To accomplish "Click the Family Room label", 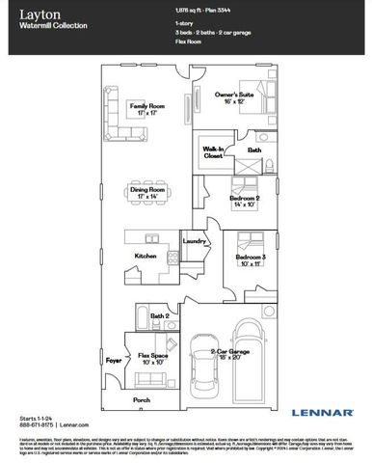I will [148, 108].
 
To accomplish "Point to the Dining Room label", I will [148, 193].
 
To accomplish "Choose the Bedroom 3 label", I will [250, 259].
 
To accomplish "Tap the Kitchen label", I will [146, 256].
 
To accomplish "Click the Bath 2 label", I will [160, 315].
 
